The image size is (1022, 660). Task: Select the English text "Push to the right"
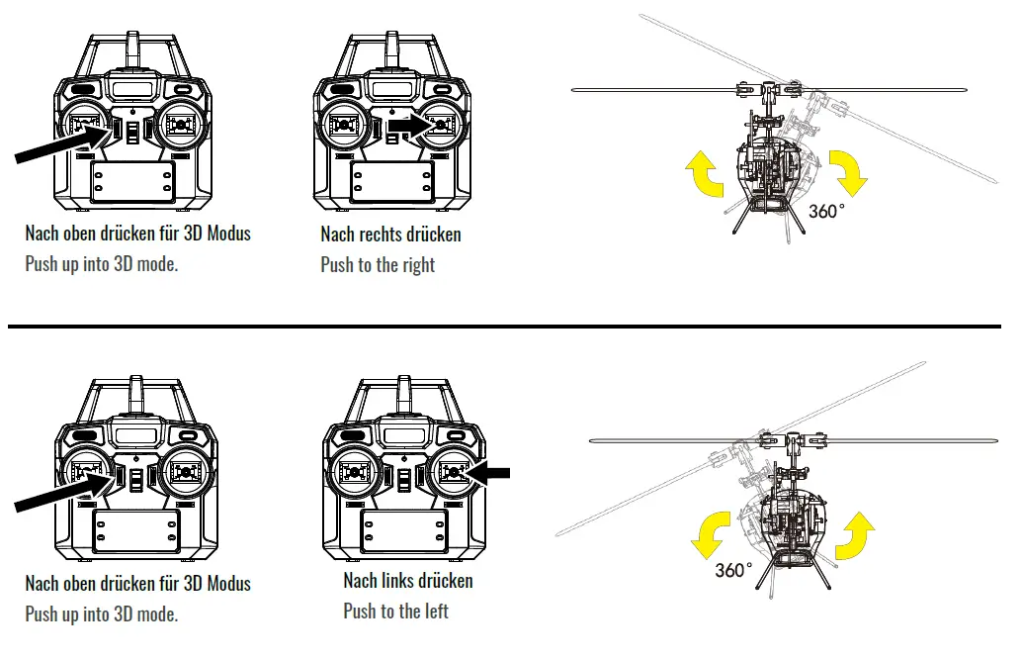378,265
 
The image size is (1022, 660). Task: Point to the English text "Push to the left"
395,612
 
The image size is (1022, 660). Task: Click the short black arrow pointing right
406,127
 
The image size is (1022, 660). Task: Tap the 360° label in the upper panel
826,211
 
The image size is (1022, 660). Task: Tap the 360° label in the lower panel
734,571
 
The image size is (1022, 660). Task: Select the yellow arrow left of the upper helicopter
704,174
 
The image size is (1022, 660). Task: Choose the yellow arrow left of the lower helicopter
711,537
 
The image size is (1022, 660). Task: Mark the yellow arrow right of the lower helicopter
856,535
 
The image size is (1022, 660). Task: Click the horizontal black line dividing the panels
504,326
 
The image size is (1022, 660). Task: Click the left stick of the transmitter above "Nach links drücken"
355,473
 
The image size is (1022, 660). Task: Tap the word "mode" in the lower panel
156,614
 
